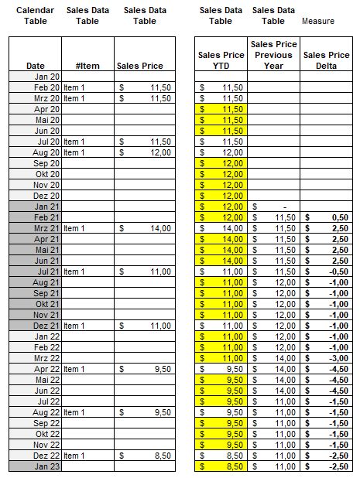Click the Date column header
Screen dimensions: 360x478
pyautogui.click(x=35, y=66)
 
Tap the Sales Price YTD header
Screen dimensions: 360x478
pyautogui.click(x=221, y=60)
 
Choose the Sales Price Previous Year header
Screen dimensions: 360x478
pyautogui.click(x=273, y=55)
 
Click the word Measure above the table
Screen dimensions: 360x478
pyautogui.click(x=318, y=21)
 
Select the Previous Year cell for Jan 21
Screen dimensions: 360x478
pyautogui.click(x=273, y=207)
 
